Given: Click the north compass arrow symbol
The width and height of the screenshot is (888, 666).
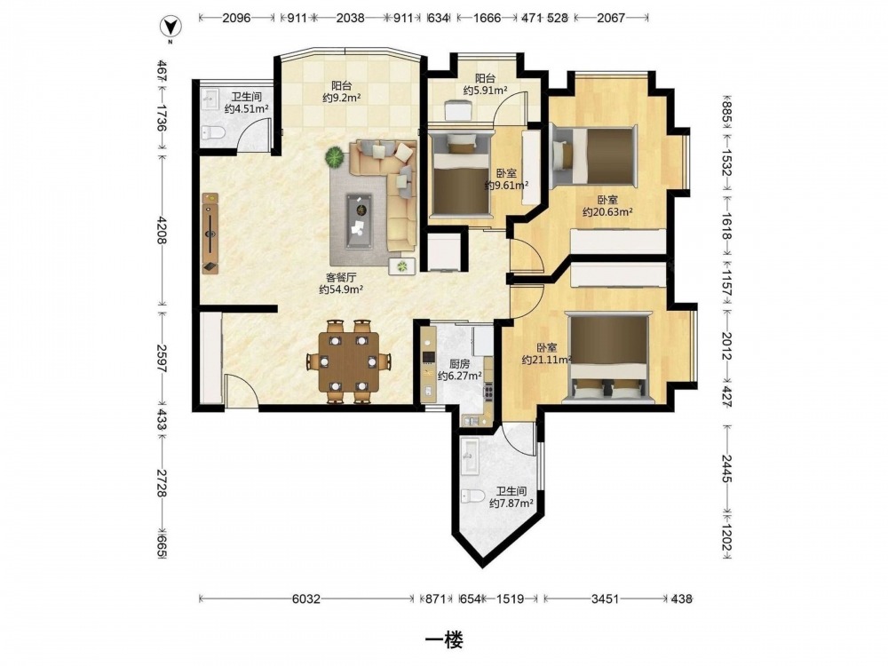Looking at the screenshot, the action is pyautogui.click(x=169, y=27).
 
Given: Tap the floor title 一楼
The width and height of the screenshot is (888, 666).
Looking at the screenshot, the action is pyautogui.click(x=444, y=640).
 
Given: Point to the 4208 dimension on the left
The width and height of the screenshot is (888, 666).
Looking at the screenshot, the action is pyautogui.click(x=162, y=231).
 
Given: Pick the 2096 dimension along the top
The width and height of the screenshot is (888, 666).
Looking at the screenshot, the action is pyautogui.click(x=236, y=18).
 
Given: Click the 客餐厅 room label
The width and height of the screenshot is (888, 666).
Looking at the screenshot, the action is pyautogui.click(x=341, y=277).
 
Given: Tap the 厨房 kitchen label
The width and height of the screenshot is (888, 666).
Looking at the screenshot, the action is pyautogui.click(x=460, y=364).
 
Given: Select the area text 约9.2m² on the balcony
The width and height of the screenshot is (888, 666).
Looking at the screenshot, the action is pyautogui.click(x=342, y=98).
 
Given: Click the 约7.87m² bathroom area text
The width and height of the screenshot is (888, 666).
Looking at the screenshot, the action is pyautogui.click(x=511, y=503).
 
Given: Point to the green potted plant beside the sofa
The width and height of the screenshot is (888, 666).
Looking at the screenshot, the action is pyautogui.click(x=335, y=156).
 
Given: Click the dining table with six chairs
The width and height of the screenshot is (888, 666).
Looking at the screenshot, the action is pyautogui.click(x=349, y=361).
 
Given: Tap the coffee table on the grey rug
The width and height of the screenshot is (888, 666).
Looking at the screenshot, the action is pyautogui.click(x=359, y=221).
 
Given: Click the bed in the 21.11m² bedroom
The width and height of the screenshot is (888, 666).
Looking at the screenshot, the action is pyautogui.click(x=607, y=357).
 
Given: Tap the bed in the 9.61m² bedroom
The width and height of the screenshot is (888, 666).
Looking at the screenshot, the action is pyautogui.click(x=460, y=173).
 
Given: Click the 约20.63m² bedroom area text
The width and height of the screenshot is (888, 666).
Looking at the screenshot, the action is pyautogui.click(x=607, y=212).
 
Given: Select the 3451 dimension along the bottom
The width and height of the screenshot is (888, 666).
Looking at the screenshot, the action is pyautogui.click(x=605, y=599).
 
